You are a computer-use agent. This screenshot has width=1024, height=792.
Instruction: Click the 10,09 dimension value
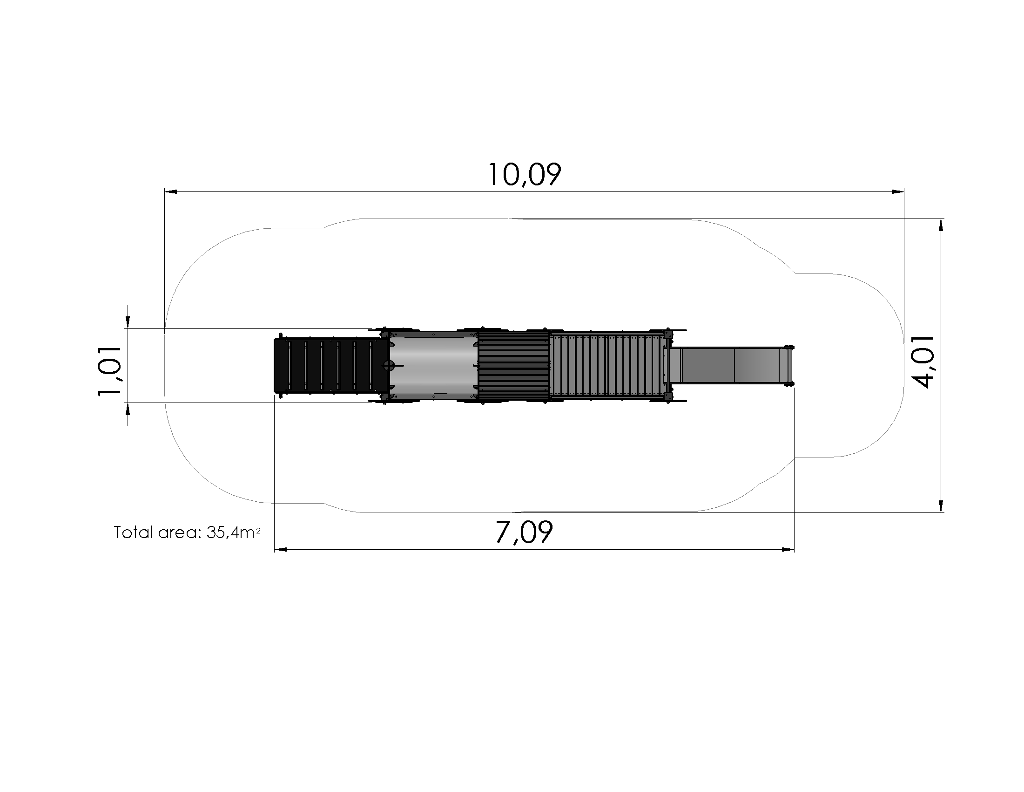pyautogui.click(x=524, y=175)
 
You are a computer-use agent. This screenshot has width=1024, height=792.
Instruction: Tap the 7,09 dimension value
pyautogui.click(x=524, y=532)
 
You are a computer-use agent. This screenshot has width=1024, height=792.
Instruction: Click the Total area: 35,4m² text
pyautogui.click(x=187, y=533)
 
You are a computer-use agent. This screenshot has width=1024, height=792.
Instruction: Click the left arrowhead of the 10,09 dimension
pyautogui.click(x=171, y=191)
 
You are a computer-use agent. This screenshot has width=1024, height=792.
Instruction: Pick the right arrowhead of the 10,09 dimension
pyautogui.click(x=897, y=191)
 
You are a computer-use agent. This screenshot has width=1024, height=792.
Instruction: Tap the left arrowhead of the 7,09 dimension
pyautogui.click(x=280, y=549)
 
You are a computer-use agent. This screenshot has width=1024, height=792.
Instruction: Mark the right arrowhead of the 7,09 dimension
pyautogui.click(x=788, y=549)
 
